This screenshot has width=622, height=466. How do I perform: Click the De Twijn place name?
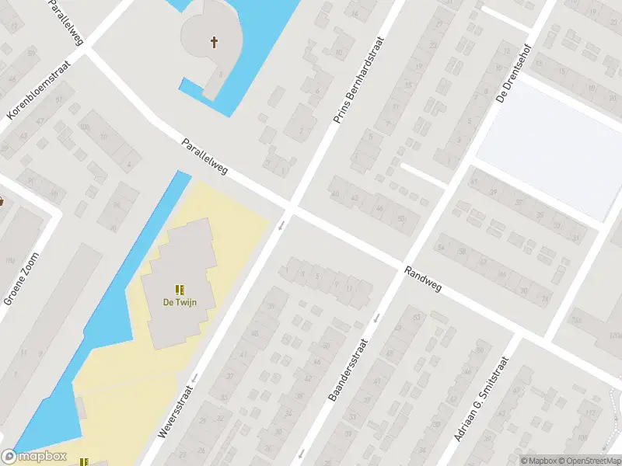click(178, 303)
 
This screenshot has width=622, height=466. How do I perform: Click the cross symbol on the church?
click(214, 42)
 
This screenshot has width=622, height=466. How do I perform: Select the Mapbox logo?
click(34, 457)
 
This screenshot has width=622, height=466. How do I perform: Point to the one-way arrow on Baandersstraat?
click(377, 317)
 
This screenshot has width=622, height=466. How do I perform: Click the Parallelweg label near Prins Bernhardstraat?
click(204, 156)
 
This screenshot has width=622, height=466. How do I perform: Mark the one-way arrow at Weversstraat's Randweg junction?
click(281, 225)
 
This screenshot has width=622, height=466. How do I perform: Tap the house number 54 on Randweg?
click(441, 247)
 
